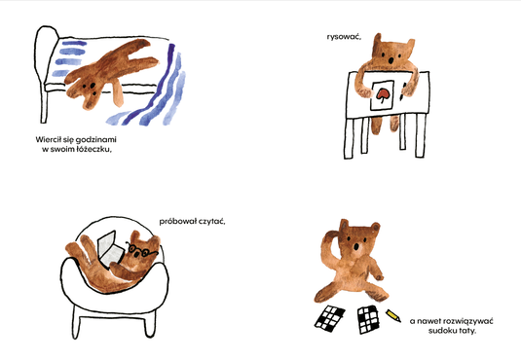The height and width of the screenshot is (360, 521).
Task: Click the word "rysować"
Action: [344, 37]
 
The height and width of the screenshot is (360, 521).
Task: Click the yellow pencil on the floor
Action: [393, 315]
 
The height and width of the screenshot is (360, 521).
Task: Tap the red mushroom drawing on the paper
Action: [383, 94]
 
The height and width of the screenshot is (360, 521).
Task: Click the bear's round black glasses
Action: [142, 250]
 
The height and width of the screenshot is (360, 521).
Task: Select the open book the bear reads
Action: [110, 249]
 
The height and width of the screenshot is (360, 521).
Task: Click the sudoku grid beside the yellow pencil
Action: [368, 319]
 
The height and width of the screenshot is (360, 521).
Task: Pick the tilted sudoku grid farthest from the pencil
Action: [329, 318]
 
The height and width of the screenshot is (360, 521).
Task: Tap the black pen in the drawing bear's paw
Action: [403, 91]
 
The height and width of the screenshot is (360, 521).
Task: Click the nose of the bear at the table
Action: [391, 60]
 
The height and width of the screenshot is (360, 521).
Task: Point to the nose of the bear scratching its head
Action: [356, 247]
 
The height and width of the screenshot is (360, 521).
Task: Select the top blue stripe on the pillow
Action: [74, 43]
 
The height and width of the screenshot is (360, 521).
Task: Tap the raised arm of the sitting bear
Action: [329, 246]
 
